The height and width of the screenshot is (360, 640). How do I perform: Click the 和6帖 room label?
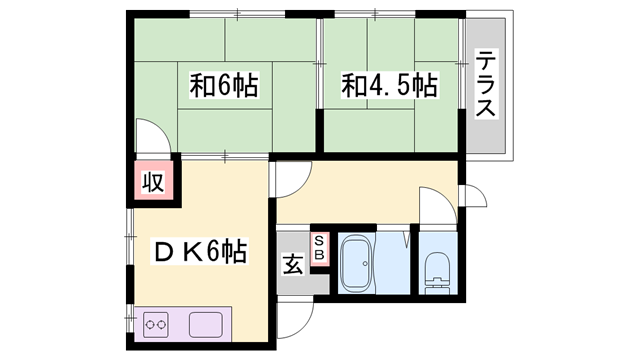click(x=224, y=85)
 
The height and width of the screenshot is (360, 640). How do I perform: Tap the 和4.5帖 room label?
click(x=389, y=85)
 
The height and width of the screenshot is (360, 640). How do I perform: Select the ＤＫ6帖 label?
click(x=200, y=251)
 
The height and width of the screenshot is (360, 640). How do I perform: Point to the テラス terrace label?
click(x=486, y=84)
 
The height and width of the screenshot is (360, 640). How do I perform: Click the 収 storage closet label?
click(x=153, y=182)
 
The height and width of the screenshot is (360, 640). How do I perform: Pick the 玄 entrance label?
click(x=293, y=264)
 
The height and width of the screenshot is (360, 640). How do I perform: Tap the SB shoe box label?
click(x=319, y=248)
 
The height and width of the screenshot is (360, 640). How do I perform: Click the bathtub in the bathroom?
click(x=356, y=264)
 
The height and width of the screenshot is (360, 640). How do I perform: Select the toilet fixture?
click(x=437, y=273)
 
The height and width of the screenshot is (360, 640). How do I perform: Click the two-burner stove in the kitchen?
click(x=156, y=325)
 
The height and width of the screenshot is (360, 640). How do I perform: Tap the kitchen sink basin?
click(x=206, y=325)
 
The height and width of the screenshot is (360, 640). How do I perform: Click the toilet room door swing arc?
click(x=446, y=197)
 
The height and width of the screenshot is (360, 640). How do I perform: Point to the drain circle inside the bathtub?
click(x=365, y=264)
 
